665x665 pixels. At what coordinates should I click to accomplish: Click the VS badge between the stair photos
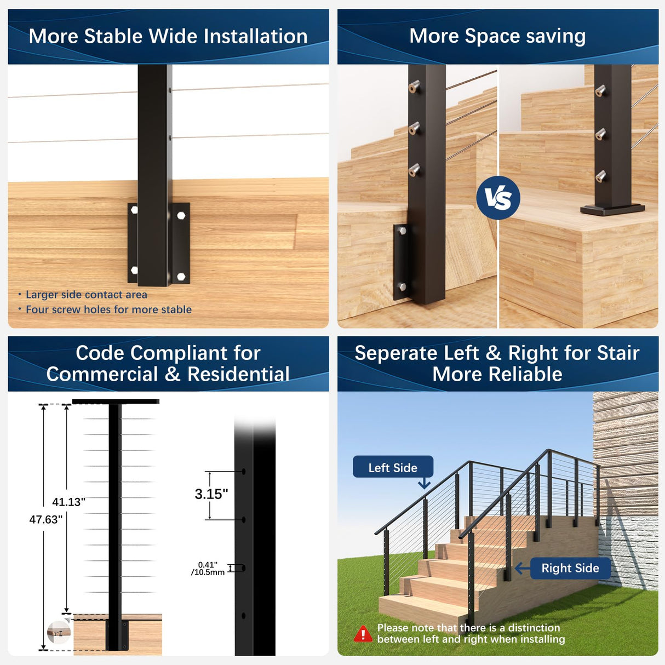(498, 198)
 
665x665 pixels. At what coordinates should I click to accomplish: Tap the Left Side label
(393, 467)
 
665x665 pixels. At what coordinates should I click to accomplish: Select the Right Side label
(570, 568)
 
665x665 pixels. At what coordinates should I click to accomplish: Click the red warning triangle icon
(363, 634)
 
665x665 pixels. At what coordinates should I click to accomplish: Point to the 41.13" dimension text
(68, 502)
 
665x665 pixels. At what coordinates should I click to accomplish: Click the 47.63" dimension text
(46, 519)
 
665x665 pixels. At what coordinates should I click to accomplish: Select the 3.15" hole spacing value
(211, 494)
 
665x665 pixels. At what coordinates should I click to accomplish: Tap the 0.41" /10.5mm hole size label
(208, 569)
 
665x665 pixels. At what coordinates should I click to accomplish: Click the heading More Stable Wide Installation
(168, 36)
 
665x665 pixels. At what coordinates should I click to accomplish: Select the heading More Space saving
(497, 36)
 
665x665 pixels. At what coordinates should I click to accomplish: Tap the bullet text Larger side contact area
(86, 295)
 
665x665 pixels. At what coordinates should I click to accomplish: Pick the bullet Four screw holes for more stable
(108, 309)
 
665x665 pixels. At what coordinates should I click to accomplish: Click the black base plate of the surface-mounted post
(612, 209)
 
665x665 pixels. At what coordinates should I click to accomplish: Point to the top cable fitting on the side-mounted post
(415, 87)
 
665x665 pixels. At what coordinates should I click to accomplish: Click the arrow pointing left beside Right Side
(523, 568)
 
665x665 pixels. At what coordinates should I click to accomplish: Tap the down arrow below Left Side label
(424, 484)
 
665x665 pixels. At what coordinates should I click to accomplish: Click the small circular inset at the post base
(59, 633)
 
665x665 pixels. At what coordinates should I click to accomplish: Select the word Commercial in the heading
(102, 375)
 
